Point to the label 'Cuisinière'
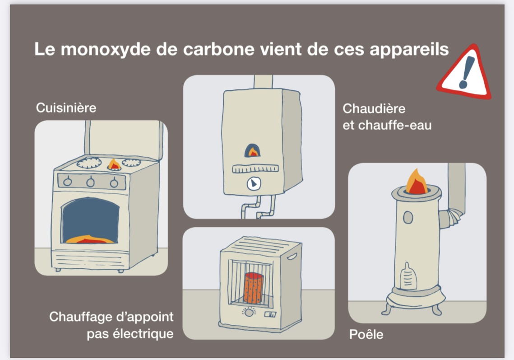tap(66, 108)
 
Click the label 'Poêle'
tap(366, 335)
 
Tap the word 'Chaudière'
tap(374, 109)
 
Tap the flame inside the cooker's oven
tap(90, 239)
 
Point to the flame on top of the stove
tap(416, 182)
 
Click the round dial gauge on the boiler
tap(253, 183)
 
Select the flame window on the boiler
tap(254, 150)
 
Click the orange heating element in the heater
tap(253, 288)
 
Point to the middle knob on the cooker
tap(91, 182)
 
